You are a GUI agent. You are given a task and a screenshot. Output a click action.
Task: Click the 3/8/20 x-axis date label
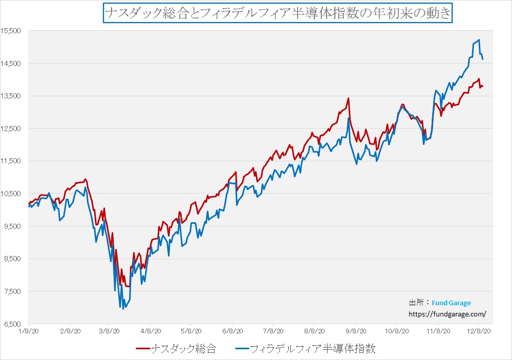tap(109, 331)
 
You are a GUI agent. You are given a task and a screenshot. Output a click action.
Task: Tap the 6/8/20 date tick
tap(232, 331)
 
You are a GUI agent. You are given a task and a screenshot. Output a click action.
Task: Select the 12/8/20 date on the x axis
tap(479, 331)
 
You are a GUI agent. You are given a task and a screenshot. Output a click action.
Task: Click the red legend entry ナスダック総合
tap(176, 349)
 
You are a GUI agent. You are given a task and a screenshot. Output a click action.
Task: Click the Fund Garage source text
tap(451, 303)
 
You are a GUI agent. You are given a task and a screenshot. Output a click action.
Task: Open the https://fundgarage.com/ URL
tap(446, 313)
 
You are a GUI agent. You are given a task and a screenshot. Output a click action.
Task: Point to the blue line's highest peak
tap(479, 40)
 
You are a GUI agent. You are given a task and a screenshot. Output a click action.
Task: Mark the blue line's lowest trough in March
tap(123, 309)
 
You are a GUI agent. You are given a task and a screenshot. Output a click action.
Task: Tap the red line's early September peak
tap(348, 98)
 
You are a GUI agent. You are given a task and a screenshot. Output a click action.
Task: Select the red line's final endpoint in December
tap(483, 86)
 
